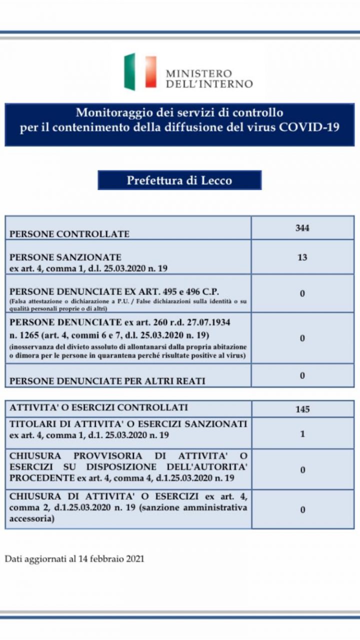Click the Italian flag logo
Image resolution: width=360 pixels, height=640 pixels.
click(140, 71)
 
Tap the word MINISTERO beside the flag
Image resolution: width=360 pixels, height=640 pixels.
click(198, 73)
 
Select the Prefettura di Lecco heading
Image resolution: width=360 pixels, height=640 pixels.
click(179, 180)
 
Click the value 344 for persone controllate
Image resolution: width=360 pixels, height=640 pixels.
click(302, 228)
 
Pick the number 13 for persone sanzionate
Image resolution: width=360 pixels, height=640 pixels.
click(302, 257)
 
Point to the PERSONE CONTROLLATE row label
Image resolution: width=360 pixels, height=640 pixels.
click(69, 233)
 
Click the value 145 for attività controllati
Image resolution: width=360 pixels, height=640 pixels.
click(302, 409)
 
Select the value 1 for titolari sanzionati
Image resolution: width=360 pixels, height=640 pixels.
click(302, 434)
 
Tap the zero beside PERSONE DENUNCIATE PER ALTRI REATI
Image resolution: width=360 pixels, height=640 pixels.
click(302, 375)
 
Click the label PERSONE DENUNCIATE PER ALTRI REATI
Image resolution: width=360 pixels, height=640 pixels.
click(107, 380)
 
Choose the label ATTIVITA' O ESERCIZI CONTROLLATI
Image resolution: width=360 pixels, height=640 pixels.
click(99, 407)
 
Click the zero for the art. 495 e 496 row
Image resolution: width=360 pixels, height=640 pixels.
click(302, 293)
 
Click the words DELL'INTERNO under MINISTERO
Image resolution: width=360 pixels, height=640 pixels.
click(209, 84)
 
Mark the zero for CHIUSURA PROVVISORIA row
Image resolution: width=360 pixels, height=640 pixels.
click(302, 470)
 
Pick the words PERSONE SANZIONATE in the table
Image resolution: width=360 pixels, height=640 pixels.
click(65, 257)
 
